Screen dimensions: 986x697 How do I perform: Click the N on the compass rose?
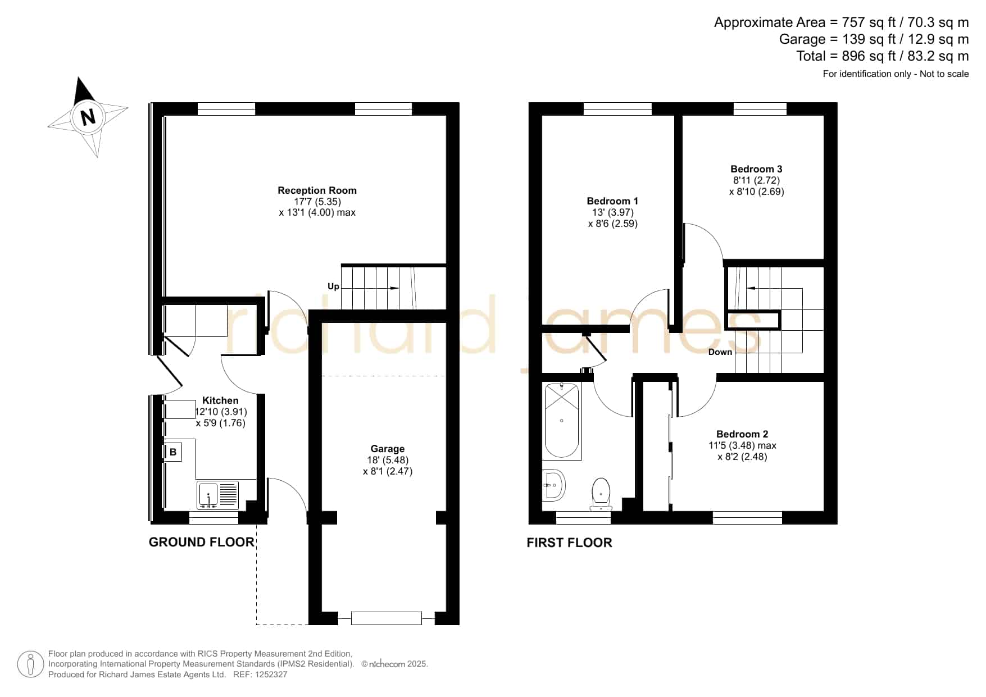click(x=88, y=117)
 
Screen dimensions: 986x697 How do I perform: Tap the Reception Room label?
click(x=317, y=190)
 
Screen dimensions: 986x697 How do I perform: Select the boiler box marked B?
click(x=173, y=452)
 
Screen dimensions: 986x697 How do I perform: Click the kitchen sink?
click(x=218, y=495)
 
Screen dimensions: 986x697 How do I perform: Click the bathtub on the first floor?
click(x=562, y=420)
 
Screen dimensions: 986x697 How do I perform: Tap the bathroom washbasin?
click(x=554, y=485)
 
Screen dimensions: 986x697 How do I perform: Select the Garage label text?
click(x=388, y=449)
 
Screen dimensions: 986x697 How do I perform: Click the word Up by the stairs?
click(x=333, y=286)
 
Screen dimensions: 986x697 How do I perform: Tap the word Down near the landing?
click(x=720, y=352)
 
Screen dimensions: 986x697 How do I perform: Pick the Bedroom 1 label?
click(x=612, y=201)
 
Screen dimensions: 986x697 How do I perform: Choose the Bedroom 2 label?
click(x=742, y=434)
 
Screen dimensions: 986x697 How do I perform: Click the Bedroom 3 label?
click(x=756, y=169)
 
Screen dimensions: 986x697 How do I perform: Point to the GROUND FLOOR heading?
click(x=202, y=542)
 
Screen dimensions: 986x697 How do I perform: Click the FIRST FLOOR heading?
click(x=569, y=543)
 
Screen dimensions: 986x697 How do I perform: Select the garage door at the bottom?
click(x=386, y=618)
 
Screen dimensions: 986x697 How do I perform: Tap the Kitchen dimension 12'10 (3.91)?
click(x=221, y=412)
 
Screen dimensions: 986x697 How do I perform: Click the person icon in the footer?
click(x=30, y=664)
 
